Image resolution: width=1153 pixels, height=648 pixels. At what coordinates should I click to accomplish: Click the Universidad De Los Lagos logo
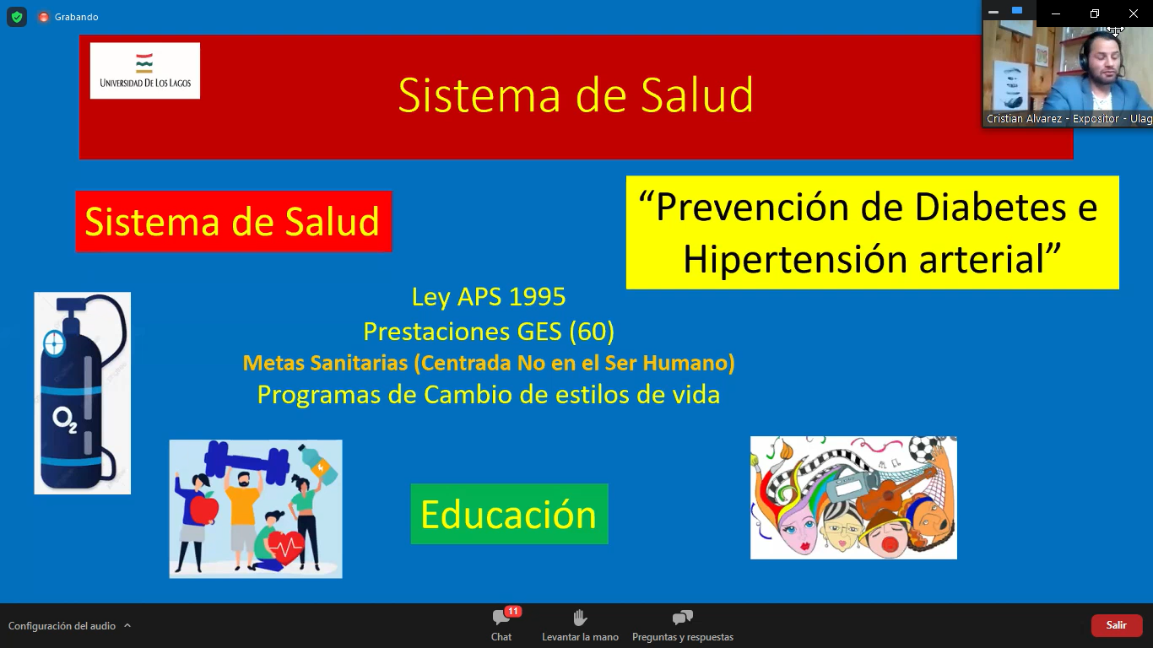pos(144,71)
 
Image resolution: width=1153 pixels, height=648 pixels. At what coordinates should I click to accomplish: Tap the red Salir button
pos(1117,625)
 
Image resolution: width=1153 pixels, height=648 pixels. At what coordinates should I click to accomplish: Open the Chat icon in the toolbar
pos(501,617)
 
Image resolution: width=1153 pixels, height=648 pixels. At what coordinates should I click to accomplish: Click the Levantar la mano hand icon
pos(580,618)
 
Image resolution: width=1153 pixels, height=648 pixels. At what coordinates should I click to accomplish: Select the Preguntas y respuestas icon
pos(683,618)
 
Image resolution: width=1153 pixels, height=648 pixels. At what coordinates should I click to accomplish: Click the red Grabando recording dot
pos(44,17)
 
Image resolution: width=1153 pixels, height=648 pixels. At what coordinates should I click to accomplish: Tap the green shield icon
pos(17,17)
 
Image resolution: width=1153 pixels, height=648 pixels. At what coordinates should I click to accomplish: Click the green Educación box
pos(509,514)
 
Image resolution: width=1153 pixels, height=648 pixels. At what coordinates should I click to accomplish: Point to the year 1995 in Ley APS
pos(537,297)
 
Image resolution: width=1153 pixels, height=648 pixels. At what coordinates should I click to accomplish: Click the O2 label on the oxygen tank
pos(65,420)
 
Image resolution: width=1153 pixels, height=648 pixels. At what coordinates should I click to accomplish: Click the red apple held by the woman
pos(204,507)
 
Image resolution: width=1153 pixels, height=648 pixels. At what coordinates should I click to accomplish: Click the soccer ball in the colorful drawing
pos(924,449)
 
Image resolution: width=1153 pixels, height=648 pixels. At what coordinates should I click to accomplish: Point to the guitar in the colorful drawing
pos(894,493)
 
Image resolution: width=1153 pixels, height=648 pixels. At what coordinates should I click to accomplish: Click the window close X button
pos(1134,13)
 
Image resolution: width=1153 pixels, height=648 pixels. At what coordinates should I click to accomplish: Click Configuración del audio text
pos(62,626)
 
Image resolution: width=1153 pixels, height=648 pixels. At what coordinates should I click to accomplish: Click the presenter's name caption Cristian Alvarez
pos(1024,119)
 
